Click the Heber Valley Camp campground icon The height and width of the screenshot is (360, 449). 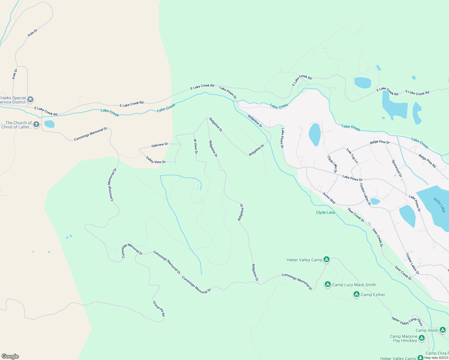pos(327,259)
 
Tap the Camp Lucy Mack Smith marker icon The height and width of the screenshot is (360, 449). pos(328,284)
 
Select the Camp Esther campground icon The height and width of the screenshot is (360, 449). pos(357,294)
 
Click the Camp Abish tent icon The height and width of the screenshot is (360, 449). pos(443,330)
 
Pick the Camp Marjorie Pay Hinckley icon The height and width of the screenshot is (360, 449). pos(422,338)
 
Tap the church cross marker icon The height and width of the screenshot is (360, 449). pos(36,124)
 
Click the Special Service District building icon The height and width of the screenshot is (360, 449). pos(30,99)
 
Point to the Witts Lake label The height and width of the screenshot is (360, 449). pos(439,205)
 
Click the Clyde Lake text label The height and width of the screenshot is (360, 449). pos(325,212)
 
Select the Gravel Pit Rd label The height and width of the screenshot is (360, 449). pos(159,308)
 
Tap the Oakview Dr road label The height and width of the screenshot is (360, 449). pos(160,145)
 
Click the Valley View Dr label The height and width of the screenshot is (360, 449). pos(156,160)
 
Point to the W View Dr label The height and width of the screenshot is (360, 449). pos(195,146)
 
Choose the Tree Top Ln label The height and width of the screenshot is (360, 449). pos(352,156)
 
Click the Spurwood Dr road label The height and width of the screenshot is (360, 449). pos(397,168)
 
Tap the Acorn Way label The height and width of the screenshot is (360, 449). pos(329,198)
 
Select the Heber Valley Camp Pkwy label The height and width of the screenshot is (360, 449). pos(407,321)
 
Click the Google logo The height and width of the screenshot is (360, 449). pos(10,356)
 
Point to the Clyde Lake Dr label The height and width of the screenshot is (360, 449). pos(332,164)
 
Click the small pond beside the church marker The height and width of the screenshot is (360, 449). pos(49,124)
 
